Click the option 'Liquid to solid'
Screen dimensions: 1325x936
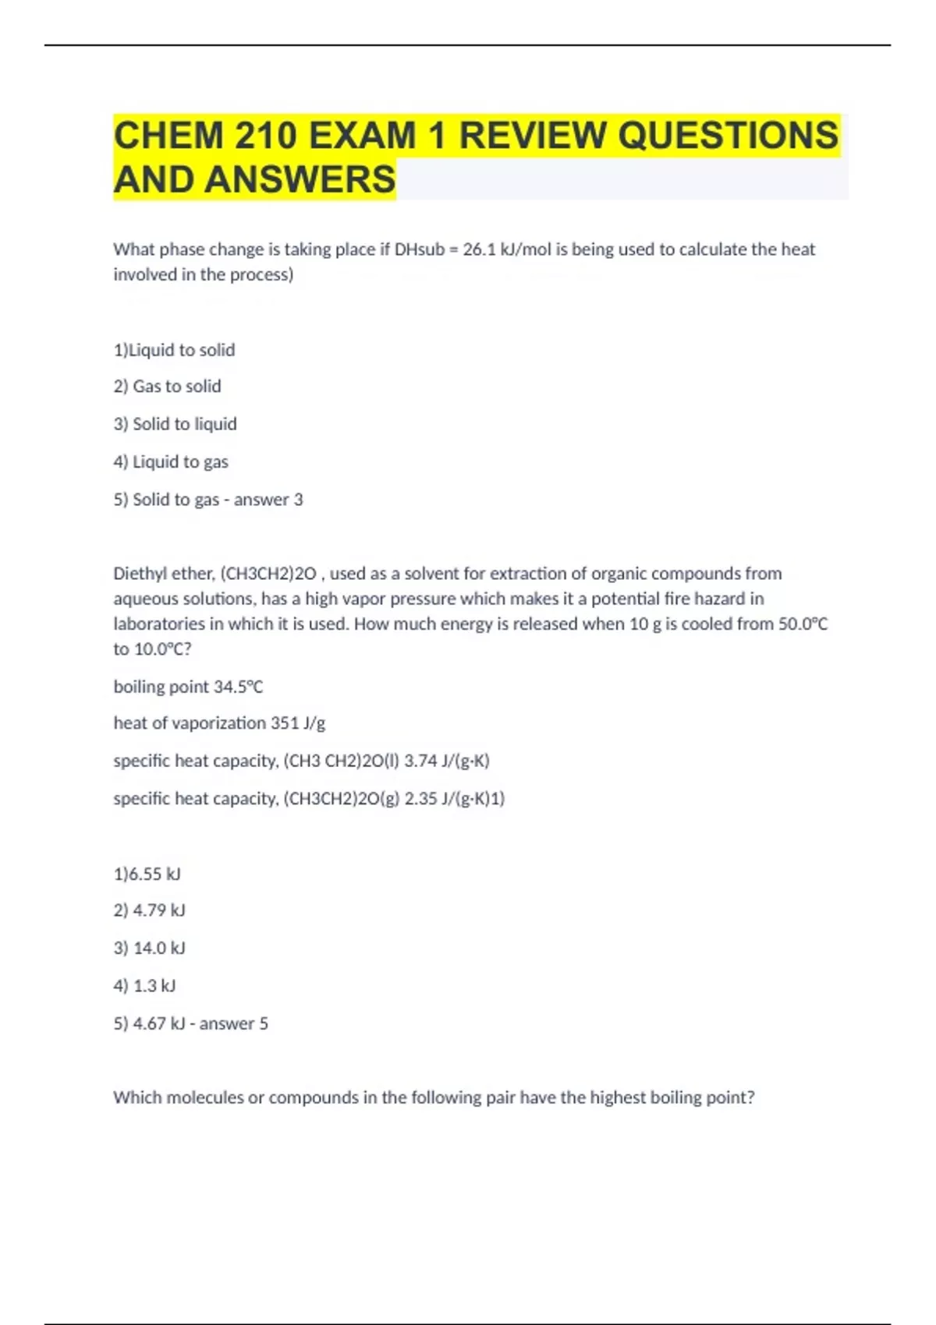tap(181, 350)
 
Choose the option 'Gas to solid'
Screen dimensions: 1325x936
tap(176, 387)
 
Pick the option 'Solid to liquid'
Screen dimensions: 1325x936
tap(184, 424)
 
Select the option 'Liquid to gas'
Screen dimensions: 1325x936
tap(180, 462)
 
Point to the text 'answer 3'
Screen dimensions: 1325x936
tap(268, 500)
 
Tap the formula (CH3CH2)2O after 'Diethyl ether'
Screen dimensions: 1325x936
tap(269, 574)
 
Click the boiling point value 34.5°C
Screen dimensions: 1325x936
tap(238, 687)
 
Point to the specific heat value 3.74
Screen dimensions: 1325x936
tap(420, 761)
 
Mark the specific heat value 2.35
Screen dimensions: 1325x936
tap(420, 799)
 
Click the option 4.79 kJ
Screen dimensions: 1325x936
tap(158, 910)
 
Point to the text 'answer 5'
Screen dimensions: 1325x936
tap(233, 1023)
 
